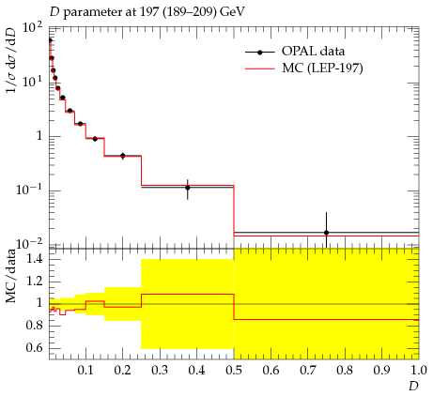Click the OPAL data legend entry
294,52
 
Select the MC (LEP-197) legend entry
303,68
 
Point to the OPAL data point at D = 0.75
326,233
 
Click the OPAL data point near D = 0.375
188,188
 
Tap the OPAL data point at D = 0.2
123,156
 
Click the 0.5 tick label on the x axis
234,371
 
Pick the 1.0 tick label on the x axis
418,371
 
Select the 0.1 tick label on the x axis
85,371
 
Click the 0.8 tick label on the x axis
345,371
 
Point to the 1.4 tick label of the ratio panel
34,259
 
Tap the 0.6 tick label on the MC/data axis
34,348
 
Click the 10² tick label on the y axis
32,30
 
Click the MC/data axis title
11,276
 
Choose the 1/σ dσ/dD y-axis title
11,60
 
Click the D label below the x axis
413,387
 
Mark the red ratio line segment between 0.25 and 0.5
188,294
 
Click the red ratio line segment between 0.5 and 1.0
326,319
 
